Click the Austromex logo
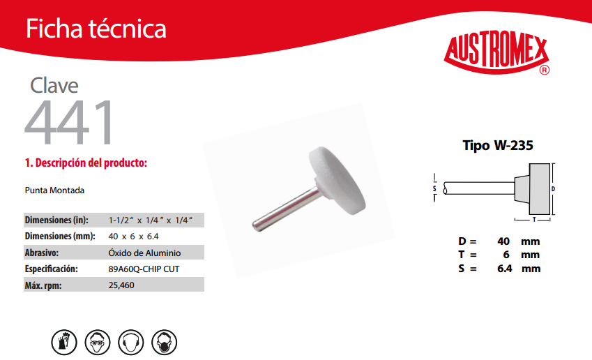pyautogui.click(x=496, y=53)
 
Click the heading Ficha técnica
pyautogui.click(x=96, y=29)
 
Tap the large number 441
pyautogui.click(x=69, y=122)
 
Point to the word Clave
pyautogui.click(x=54, y=85)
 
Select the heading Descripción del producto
pyautogui.click(x=86, y=163)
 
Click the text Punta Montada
pyautogui.click(x=54, y=190)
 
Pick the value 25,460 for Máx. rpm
pyautogui.click(x=121, y=285)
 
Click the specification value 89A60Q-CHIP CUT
pyautogui.click(x=144, y=269)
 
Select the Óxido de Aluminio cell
pyautogui.click(x=144, y=253)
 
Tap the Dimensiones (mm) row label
pyautogui.click(x=60, y=236)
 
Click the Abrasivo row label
pyautogui.click(x=42, y=253)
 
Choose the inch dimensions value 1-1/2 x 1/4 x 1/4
pyautogui.click(x=151, y=220)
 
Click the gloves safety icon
pyautogui.click(x=64, y=343)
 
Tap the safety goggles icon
pyautogui.click(x=98, y=343)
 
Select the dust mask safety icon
pyautogui.click(x=165, y=343)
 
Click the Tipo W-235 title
pyautogui.click(x=498, y=145)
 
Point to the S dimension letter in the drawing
pyautogui.click(x=434, y=188)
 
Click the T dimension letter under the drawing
pyautogui.click(x=534, y=220)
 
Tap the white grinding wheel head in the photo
pyautogui.click(x=337, y=181)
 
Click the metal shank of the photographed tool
pyautogui.click(x=286, y=209)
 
